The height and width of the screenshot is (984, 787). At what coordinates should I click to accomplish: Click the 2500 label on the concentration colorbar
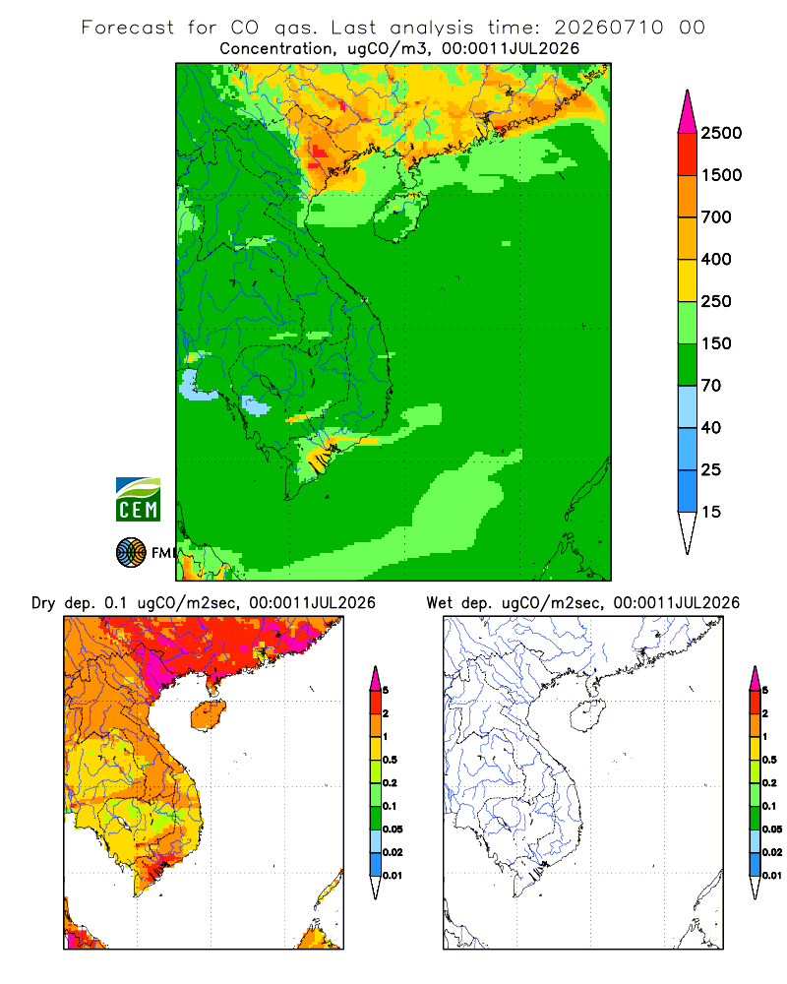[721, 133]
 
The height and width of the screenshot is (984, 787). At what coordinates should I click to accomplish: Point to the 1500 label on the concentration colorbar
[721, 175]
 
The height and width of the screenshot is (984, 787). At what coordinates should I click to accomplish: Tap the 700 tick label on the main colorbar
[716, 217]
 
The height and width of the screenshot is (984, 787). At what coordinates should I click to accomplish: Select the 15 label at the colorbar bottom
[711, 512]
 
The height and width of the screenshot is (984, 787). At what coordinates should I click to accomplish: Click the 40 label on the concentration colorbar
[711, 427]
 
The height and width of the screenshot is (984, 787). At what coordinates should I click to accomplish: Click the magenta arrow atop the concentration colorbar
[688, 113]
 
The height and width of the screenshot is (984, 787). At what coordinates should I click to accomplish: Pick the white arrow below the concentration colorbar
[688, 532]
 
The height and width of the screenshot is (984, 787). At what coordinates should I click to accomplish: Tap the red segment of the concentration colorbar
[688, 154]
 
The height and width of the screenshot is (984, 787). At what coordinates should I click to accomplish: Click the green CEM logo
[138, 500]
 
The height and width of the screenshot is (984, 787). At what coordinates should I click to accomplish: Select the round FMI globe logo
[131, 553]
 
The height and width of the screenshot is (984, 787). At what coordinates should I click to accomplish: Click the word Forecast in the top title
[128, 28]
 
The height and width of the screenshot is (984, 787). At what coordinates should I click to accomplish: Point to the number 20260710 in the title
[608, 28]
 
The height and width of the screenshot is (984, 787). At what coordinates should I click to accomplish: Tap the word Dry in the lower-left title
[43, 603]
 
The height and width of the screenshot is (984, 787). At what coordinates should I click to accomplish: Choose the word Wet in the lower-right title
[439, 603]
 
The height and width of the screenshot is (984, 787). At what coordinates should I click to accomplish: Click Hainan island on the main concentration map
[399, 215]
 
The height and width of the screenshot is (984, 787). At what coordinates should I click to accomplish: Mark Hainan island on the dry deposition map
[208, 715]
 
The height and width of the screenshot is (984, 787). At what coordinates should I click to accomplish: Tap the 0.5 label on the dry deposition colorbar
[390, 760]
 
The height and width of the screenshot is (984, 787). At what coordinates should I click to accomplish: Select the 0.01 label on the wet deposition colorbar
[772, 876]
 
